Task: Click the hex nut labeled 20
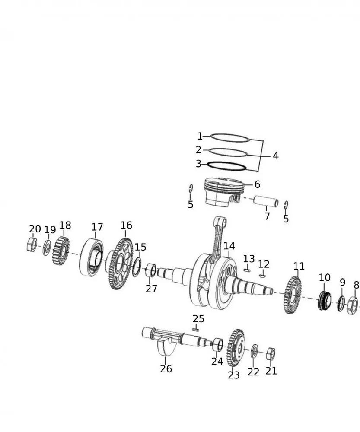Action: tap(32, 245)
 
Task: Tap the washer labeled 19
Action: tap(47, 248)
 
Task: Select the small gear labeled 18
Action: tap(61, 251)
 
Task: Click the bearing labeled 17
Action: tap(91, 257)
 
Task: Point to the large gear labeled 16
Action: tap(120, 264)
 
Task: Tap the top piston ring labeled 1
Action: tap(230, 138)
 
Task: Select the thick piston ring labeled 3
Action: tap(226, 166)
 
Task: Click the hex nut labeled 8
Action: tap(352, 305)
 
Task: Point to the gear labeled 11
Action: tap(292, 295)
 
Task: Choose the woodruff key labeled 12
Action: tap(263, 276)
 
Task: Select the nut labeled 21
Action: tap(271, 354)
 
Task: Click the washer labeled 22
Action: tap(255, 351)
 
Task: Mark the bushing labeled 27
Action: tap(151, 270)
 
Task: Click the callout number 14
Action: tap(229, 246)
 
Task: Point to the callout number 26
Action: tap(166, 368)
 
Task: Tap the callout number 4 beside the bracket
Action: tap(275, 156)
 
